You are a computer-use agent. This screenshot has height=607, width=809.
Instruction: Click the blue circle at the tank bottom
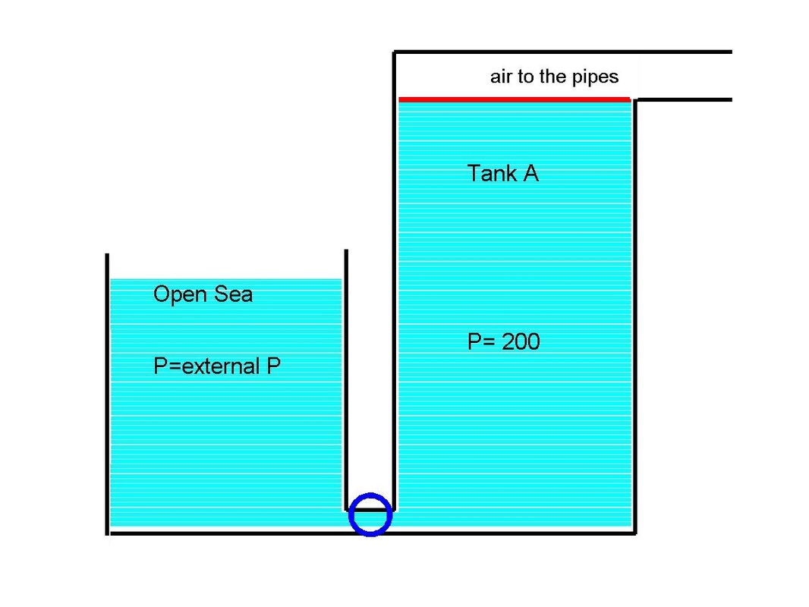(x=370, y=514)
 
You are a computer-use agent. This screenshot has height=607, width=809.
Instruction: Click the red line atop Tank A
(x=515, y=99)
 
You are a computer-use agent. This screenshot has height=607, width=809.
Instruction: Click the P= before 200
(x=480, y=341)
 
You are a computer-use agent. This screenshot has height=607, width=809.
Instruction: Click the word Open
(x=180, y=294)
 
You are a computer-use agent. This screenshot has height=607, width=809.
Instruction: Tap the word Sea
(x=232, y=294)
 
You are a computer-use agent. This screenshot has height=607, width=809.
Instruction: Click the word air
(x=501, y=77)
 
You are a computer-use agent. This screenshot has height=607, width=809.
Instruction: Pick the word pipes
(x=593, y=77)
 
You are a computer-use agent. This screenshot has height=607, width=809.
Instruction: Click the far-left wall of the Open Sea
(x=107, y=395)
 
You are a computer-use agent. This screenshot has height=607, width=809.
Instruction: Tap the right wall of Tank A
(x=634, y=319)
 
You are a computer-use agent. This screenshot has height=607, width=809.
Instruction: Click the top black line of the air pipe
(x=562, y=52)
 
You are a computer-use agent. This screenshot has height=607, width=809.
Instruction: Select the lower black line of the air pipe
(x=683, y=99)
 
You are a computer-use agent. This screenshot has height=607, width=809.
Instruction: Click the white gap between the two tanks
(x=370, y=379)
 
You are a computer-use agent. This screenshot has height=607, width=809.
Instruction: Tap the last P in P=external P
(x=273, y=366)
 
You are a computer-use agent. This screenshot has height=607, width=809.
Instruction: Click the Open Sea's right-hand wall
(x=345, y=379)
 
